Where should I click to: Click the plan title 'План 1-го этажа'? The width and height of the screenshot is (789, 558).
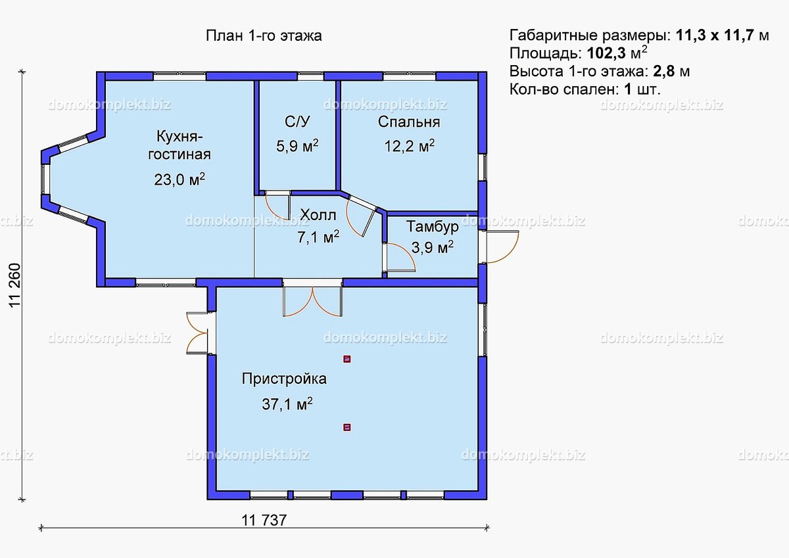[x=264, y=36]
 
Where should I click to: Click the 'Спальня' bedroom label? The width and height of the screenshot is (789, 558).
[x=408, y=122]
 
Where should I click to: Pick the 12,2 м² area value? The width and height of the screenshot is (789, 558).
[x=409, y=146]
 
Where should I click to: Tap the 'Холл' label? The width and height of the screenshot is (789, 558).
[x=318, y=215]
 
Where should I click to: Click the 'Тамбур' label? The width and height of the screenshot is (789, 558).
[x=431, y=227]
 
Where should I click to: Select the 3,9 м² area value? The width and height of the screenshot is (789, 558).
[x=432, y=248]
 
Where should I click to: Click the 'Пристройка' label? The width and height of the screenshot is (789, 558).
[x=284, y=379]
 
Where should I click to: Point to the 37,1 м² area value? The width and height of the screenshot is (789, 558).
[x=287, y=404]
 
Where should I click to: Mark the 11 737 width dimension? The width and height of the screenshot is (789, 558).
[x=264, y=520]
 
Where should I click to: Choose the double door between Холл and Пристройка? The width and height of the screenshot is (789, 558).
[x=312, y=299]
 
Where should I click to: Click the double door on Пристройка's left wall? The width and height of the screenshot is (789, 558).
[x=197, y=333]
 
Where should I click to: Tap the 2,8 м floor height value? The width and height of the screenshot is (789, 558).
[x=667, y=71]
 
